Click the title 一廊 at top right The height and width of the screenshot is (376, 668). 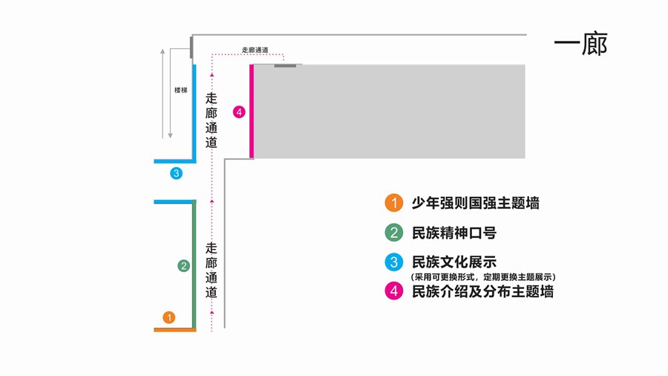click(x=580, y=45)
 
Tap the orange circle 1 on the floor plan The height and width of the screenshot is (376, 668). click(x=169, y=317)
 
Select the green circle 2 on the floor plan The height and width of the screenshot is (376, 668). click(x=183, y=265)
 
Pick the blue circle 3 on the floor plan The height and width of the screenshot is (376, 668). click(x=176, y=173)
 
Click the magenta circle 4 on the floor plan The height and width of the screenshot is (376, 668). click(x=239, y=112)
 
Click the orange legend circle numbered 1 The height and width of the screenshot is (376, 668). click(x=393, y=203)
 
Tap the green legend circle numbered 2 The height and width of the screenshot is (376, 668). click(x=393, y=233)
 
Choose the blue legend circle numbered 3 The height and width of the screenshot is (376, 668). click(x=393, y=262)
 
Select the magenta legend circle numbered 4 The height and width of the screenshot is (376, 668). click(x=393, y=291)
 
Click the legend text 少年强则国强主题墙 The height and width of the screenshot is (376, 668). click(x=475, y=203)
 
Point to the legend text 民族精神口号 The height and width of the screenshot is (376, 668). click(x=453, y=233)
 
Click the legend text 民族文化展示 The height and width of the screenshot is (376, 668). click(x=453, y=262)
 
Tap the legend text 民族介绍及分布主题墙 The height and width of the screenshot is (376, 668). click(x=482, y=291)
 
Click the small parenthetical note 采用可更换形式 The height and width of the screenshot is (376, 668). click(x=482, y=276)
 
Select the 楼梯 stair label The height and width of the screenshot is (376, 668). click(x=180, y=90)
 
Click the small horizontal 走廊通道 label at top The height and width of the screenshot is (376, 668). click(x=255, y=50)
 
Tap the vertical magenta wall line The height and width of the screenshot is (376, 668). click(x=252, y=111)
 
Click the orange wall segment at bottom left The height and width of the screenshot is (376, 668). click(x=174, y=329)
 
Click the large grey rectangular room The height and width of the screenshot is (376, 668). click(x=390, y=111)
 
